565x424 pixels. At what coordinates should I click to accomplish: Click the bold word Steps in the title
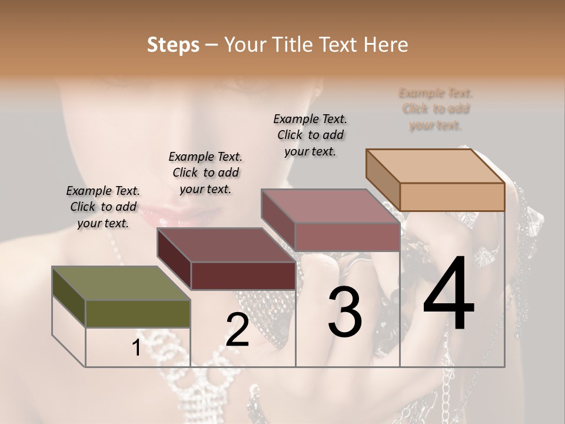[x=173, y=45]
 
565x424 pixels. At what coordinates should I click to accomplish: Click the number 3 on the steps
[x=345, y=312]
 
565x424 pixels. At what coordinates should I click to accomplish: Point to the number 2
[x=238, y=330]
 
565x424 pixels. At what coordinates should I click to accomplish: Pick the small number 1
[x=137, y=348]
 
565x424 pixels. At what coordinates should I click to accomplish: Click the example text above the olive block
[x=103, y=207]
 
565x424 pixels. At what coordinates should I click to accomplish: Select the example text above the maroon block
[x=205, y=173]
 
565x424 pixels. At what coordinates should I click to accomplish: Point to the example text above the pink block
[x=310, y=135]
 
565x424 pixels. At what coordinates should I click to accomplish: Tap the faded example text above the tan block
[x=436, y=109]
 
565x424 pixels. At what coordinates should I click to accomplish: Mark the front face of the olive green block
[x=138, y=314]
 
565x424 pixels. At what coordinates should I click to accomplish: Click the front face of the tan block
[x=452, y=197]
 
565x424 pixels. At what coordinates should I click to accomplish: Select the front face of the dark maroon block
[x=243, y=276]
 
